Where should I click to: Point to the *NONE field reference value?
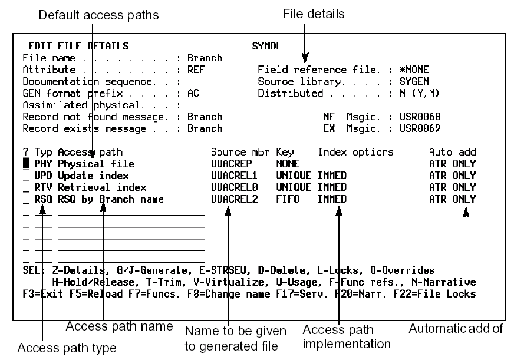[x=415, y=70]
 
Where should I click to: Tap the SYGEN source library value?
[x=415, y=81]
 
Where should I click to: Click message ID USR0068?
[x=420, y=117]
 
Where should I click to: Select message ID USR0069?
[x=420, y=128]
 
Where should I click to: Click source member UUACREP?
[x=230, y=164]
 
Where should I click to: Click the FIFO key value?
[x=287, y=199]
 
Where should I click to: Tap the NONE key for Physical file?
[x=287, y=164]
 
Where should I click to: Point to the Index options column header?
[x=355, y=152]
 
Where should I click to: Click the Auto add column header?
[x=452, y=152]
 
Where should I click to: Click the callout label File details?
[x=314, y=13]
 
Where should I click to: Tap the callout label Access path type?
[x=67, y=348]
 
